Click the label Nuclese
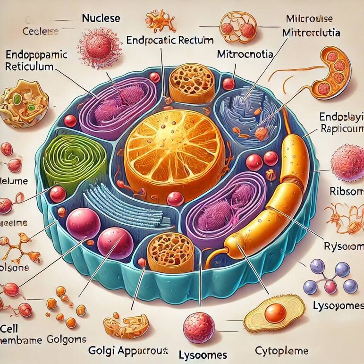pyautogui.click(x=101, y=19)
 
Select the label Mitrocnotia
pyautogui.click(x=245, y=54)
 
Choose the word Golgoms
pyautogui.click(x=67, y=339)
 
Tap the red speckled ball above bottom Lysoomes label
pyautogui.click(x=199, y=325)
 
